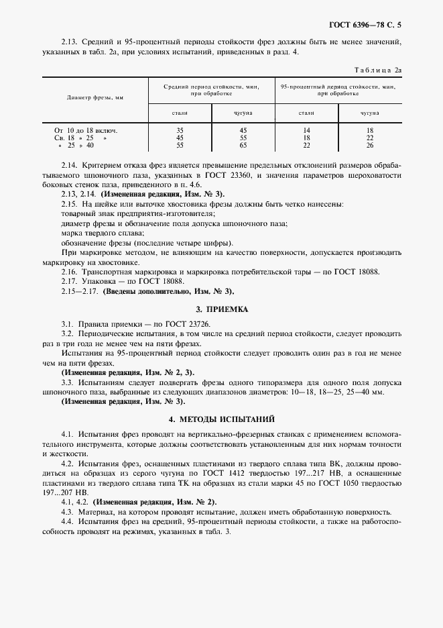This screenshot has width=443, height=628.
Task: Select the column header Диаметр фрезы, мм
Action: point(95,97)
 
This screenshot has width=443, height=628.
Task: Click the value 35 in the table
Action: point(180,129)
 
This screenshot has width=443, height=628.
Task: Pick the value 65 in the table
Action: point(243,145)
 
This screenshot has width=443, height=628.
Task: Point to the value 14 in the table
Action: point(306,129)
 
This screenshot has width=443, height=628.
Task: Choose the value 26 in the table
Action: point(369,145)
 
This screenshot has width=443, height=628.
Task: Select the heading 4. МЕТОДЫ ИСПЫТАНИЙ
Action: point(221,419)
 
